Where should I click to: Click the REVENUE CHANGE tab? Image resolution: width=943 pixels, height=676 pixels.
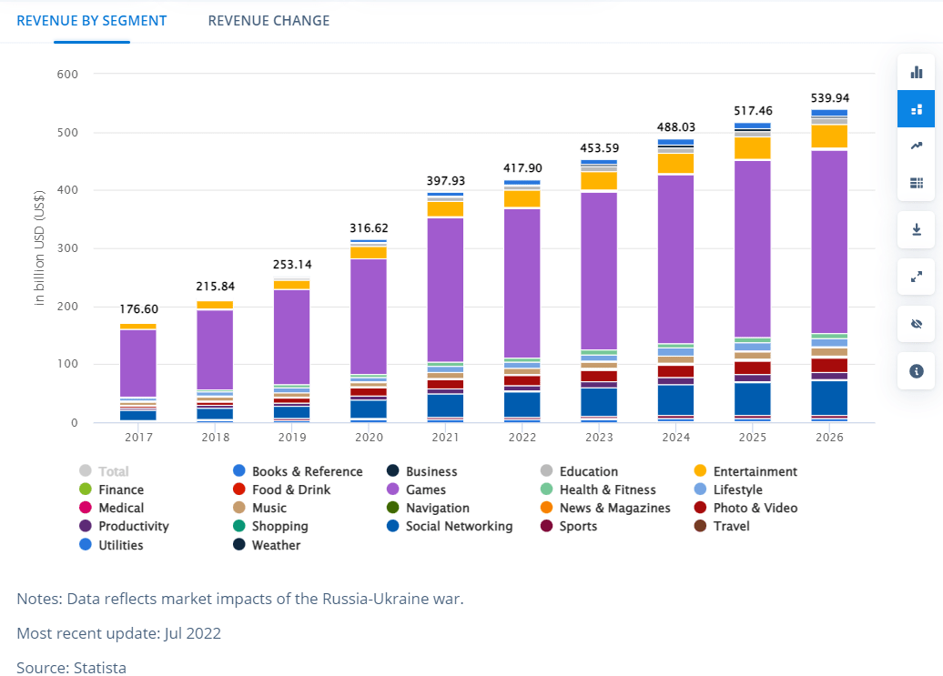(x=269, y=20)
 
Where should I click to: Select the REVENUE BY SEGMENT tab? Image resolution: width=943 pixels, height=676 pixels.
(x=92, y=20)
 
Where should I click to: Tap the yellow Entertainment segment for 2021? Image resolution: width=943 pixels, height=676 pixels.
(x=445, y=208)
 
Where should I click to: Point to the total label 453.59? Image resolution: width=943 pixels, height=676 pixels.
(x=600, y=148)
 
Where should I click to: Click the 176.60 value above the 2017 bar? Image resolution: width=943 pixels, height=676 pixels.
(x=138, y=309)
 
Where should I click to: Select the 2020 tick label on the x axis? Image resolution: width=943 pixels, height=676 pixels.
(x=369, y=438)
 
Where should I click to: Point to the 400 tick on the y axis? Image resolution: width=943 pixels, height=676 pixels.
(x=66, y=190)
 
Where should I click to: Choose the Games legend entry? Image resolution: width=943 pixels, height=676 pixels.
(x=425, y=489)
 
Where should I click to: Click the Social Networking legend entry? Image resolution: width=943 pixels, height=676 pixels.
(x=459, y=526)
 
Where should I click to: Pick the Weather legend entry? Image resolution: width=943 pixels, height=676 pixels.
(x=276, y=545)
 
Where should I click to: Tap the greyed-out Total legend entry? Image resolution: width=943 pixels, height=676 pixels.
(x=113, y=471)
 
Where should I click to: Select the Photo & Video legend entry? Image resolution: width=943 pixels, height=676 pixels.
(x=755, y=508)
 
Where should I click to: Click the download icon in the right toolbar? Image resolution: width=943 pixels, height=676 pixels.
(x=916, y=229)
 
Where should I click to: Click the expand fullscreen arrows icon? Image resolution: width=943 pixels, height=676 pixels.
(x=916, y=277)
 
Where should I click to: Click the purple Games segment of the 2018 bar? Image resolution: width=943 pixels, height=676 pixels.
(x=215, y=349)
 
